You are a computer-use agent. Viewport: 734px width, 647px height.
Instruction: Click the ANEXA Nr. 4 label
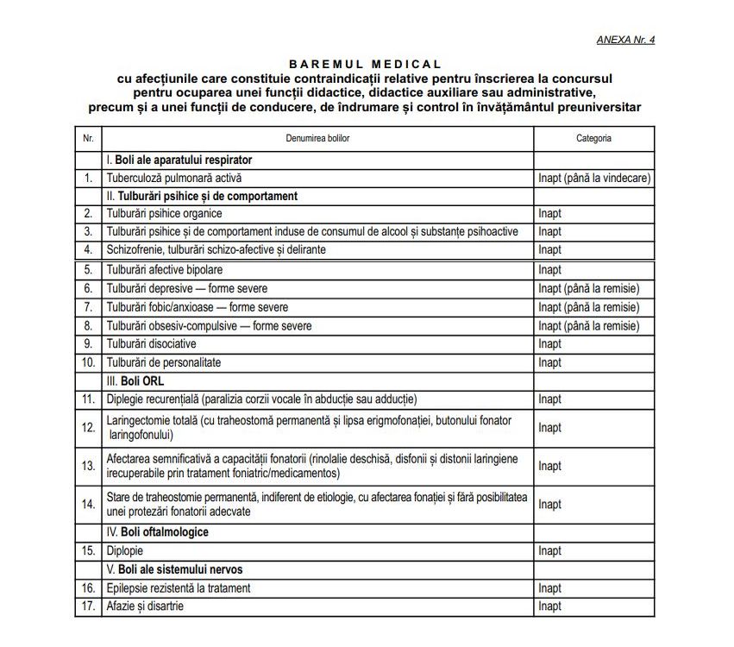click(x=625, y=40)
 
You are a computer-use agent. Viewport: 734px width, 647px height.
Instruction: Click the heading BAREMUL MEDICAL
click(x=365, y=64)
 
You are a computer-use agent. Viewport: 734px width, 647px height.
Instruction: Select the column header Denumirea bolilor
click(x=317, y=138)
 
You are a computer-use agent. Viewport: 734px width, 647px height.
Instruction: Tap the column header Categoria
click(x=593, y=138)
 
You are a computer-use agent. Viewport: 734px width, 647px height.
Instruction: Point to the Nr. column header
click(x=88, y=138)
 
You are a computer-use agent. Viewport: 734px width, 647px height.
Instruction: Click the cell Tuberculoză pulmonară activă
click(x=174, y=178)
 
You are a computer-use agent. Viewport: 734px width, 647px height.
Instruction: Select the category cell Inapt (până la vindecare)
click(x=593, y=178)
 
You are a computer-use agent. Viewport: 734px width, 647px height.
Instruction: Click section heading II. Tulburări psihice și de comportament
click(x=202, y=196)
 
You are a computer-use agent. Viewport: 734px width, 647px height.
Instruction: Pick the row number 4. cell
click(x=88, y=249)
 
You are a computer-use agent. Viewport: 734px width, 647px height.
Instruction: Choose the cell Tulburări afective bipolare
click(x=165, y=270)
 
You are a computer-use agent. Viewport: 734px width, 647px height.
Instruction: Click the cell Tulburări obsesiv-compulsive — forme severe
click(x=209, y=326)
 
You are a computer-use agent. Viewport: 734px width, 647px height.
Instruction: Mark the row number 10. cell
click(x=88, y=362)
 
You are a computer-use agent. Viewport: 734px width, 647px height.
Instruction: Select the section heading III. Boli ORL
click(x=135, y=380)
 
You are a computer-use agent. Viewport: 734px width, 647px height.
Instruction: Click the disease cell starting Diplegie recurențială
click(x=261, y=399)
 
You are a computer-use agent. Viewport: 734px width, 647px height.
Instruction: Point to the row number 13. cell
click(x=88, y=466)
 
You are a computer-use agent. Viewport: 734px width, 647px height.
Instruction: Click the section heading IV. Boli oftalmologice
click(x=157, y=532)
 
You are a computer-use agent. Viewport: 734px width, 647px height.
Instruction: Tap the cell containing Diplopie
click(x=125, y=550)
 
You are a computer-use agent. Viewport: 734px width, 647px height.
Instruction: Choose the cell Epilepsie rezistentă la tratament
click(x=179, y=587)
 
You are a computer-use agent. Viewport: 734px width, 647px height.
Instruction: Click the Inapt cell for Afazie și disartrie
click(x=549, y=606)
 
